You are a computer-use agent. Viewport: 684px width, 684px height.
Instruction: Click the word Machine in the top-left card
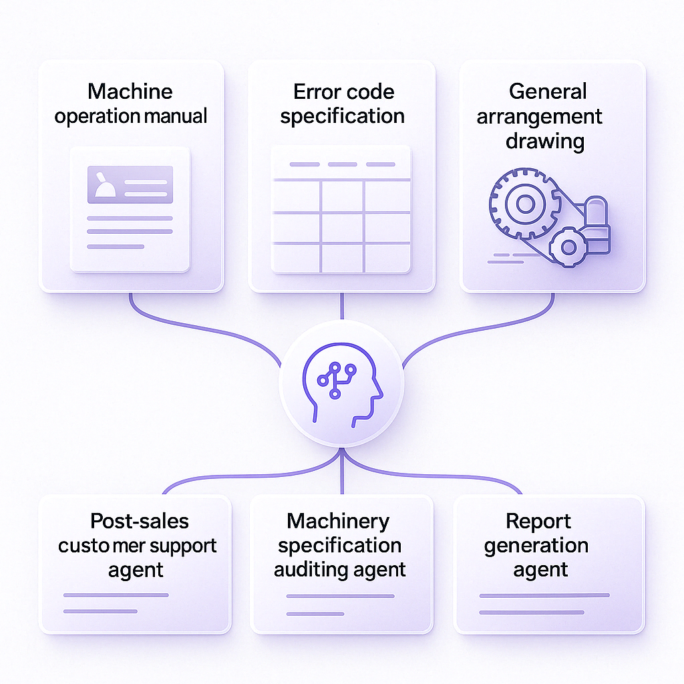tap(130, 92)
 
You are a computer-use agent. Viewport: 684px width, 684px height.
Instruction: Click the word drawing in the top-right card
tap(545, 141)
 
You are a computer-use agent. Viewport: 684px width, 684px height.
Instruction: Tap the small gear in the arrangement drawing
tap(568, 248)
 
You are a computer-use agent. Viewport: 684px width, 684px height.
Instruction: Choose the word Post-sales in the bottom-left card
tap(140, 521)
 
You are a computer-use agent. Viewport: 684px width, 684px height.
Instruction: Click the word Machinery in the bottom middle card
tap(338, 521)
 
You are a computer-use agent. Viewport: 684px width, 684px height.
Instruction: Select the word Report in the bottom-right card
tap(538, 521)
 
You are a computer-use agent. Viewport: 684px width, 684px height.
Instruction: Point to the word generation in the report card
tap(536, 546)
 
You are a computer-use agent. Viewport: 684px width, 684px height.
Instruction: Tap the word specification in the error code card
tap(342, 116)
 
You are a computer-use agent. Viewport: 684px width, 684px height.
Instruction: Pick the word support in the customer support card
tap(182, 546)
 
